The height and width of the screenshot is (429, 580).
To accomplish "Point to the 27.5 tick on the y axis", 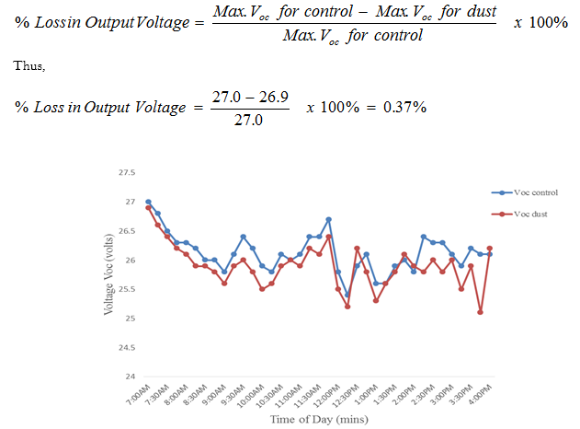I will tap(127, 172).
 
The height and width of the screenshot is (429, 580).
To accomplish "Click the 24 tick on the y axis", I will tap(130, 377).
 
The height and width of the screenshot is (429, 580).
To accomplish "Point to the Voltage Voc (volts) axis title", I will tap(108, 274).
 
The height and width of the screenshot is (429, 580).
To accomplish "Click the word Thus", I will tap(29, 66).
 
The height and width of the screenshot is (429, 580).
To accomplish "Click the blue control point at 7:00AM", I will tap(148, 202).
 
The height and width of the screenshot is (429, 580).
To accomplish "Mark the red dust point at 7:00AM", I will tap(148, 208).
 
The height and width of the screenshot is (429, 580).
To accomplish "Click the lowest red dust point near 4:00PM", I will tap(480, 312).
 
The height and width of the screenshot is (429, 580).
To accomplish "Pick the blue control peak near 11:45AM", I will tap(328, 219).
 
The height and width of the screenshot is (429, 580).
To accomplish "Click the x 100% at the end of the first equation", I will tap(540, 22).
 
